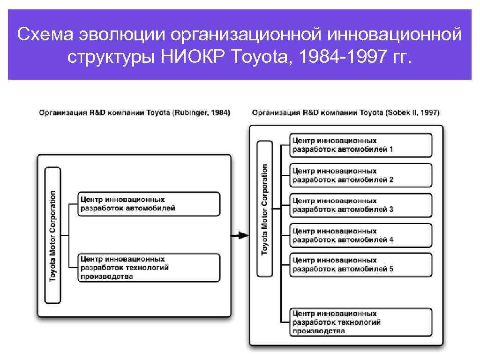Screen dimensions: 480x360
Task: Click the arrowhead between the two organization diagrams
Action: [x=243, y=235]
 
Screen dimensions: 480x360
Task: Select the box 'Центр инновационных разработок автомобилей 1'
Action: [x=360, y=145]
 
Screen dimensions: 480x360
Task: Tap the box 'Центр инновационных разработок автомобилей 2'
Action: [x=360, y=175]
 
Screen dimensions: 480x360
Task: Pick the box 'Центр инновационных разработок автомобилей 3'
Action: [x=360, y=205]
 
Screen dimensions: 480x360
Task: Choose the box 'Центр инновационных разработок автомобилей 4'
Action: [x=360, y=235]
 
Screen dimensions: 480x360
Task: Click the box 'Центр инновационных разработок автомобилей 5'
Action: [x=360, y=265]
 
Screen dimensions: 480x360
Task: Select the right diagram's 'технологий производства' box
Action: [x=360, y=322]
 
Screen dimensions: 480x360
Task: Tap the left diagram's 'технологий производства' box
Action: [x=149, y=268]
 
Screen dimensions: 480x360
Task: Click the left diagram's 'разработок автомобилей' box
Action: [x=149, y=204]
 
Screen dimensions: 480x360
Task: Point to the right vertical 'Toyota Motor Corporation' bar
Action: [x=265, y=209]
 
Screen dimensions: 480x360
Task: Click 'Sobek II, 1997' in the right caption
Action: [x=412, y=113]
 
